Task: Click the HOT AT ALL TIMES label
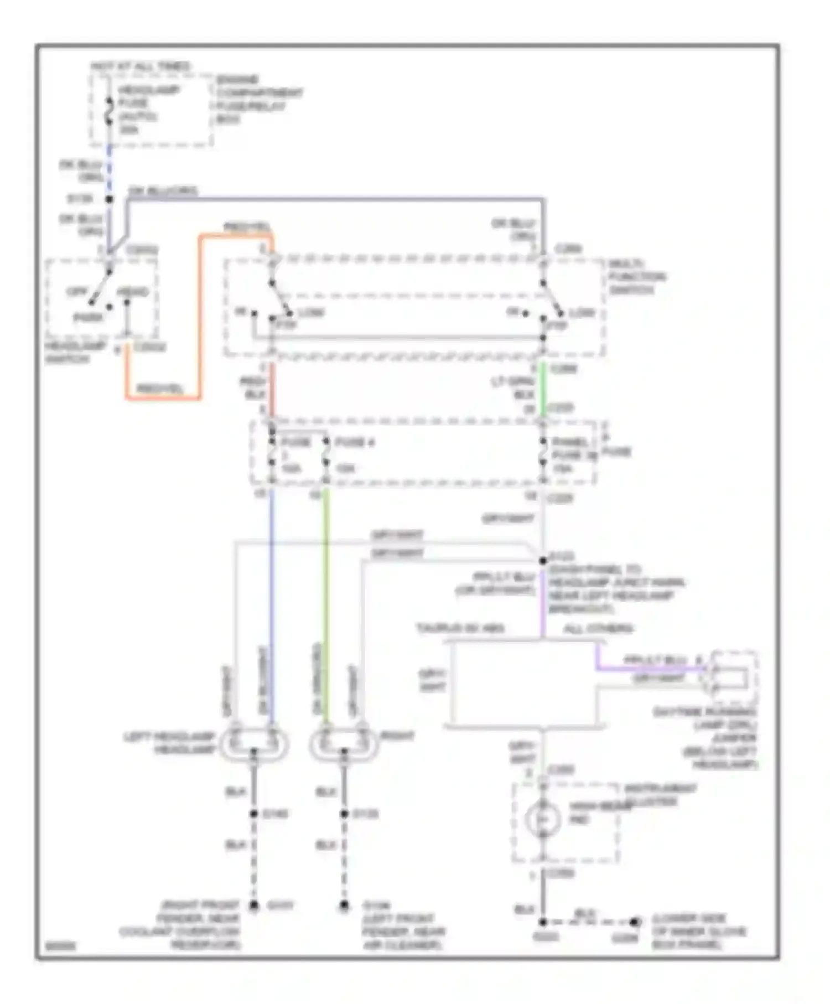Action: (x=141, y=66)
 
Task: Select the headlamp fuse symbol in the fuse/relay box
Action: (x=110, y=110)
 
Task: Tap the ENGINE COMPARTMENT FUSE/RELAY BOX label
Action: (x=258, y=100)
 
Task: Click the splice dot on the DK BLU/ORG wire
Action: (x=110, y=199)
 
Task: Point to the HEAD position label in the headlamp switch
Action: (x=133, y=291)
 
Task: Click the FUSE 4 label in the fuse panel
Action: (x=354, y=442)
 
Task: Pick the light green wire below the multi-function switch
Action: (x=543, y=387)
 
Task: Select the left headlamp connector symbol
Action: (x=254, y=743)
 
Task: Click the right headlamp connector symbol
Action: (x=344, y=743)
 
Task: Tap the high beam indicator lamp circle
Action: (x=543, y=819)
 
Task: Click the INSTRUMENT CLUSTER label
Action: (x=660, y=794)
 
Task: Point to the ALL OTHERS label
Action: (x=598, y=628)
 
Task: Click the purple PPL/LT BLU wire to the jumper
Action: (x=647, y=669)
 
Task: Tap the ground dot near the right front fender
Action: (x=254, y=905)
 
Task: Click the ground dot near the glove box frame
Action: (x=634, y=922)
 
